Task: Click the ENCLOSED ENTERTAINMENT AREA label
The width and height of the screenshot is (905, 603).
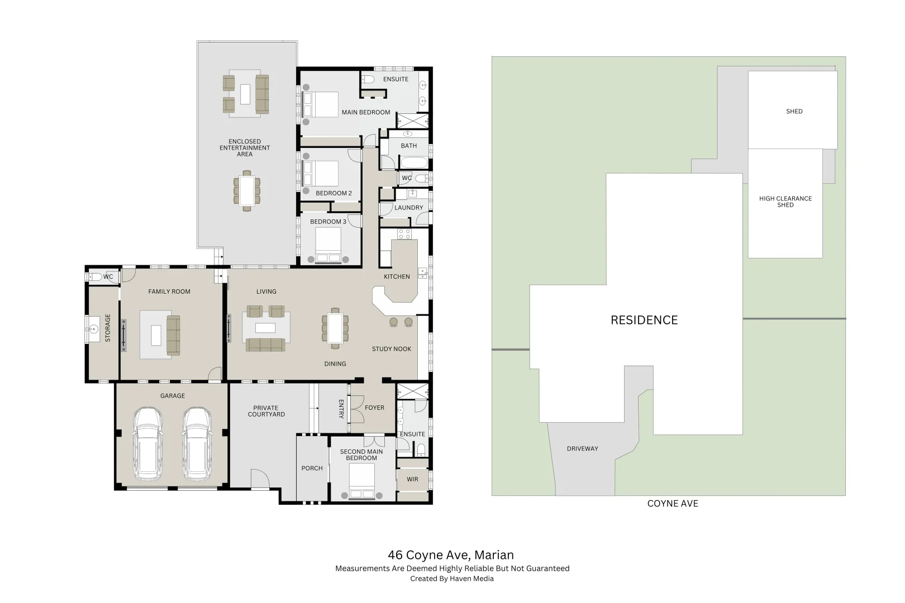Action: (x=245, y=148)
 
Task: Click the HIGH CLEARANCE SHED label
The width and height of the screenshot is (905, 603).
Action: (x=785, y=202)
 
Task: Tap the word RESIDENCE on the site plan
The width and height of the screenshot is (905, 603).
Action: (x=644, y=320)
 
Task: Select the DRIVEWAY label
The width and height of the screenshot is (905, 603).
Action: (x=582, y=449)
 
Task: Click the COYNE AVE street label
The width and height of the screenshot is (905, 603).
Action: (x=673, y=504)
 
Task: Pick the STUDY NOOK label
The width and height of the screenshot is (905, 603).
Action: (x=391, y=349)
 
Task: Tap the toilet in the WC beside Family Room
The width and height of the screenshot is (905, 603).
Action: (x=96, y=277)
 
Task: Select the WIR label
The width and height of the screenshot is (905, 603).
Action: (x=412, y=480)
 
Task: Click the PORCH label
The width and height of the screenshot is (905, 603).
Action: (x=312, y=468)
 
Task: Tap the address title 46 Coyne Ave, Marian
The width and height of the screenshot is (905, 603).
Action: (x=451, y=555)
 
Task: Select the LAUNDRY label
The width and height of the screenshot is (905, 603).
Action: (x=409, y=208)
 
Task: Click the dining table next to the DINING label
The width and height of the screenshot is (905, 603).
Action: (x=335, y=328)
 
